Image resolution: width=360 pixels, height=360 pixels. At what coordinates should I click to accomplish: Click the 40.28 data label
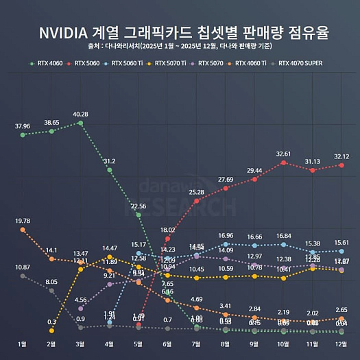(81, 114)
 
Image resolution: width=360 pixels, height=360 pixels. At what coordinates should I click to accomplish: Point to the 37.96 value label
(23, 126)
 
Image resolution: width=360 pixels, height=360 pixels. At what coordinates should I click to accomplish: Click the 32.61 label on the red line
(283, 154)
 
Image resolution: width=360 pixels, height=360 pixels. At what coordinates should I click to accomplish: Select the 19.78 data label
(23, 221)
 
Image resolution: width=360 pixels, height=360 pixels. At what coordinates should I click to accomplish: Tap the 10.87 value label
(23, 267)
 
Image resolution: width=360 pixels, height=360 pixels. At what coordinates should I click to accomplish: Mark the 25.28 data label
(197, 192)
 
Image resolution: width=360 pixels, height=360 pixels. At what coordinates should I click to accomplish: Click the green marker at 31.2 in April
(110, 169)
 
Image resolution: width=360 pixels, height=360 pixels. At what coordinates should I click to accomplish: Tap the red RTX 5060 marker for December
(341, 165)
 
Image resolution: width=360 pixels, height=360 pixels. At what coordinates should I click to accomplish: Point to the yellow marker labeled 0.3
(52, 331)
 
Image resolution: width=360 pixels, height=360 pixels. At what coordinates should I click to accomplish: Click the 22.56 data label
(139, 206)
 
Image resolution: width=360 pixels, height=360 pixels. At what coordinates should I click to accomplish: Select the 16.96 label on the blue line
(226, 235)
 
